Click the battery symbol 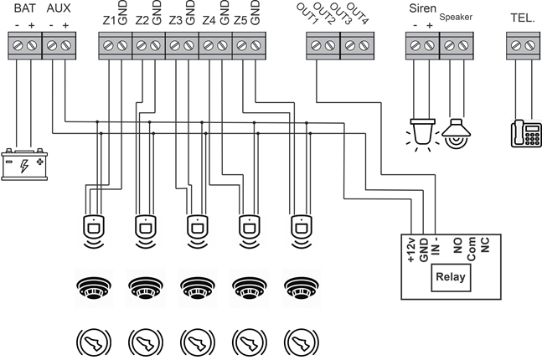26,163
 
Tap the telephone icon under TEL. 526,133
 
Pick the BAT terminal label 24,8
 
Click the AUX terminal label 59,8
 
